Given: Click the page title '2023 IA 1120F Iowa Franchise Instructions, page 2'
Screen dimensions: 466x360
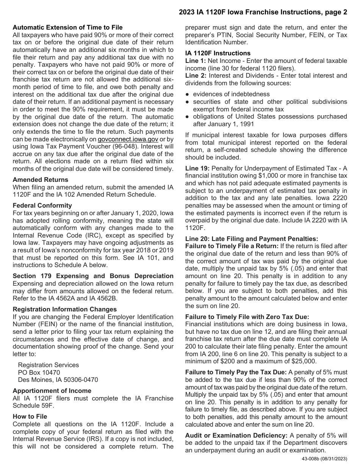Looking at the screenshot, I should point(263,12).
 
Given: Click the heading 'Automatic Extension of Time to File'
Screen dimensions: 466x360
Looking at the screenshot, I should point(67,27).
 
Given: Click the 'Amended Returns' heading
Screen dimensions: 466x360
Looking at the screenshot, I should point(41,180).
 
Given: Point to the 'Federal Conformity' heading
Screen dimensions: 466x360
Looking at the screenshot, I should point(42,205).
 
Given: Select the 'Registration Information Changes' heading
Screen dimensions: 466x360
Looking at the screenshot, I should point(65,309).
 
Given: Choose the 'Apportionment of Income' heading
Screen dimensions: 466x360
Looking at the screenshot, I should point(52,391).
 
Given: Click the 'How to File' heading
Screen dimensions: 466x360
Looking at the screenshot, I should point(30,416).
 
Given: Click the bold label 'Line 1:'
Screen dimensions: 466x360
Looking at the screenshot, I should point(196,61).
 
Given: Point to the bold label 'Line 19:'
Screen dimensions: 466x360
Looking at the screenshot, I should point(197,168).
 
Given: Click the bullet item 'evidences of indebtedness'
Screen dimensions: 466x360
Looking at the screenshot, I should point(231,94).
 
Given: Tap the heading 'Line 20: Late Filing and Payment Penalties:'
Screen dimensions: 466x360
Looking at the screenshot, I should point(252,239).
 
